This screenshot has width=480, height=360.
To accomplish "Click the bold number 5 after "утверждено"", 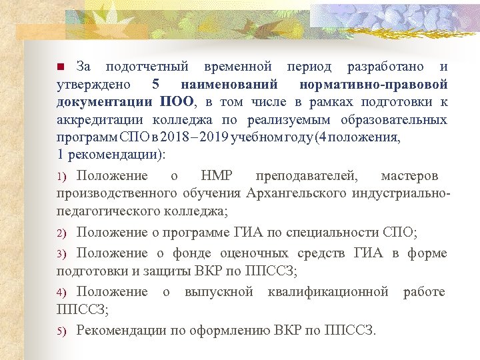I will coord(156,85).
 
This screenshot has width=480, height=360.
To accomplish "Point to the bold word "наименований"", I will coord(230,85).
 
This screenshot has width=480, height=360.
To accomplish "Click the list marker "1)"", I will coord(61,177).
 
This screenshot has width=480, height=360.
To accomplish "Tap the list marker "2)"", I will coord(61,234).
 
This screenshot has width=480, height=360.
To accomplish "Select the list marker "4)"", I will coord(61,293).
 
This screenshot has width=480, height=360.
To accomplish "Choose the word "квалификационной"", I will coord(328,292).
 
